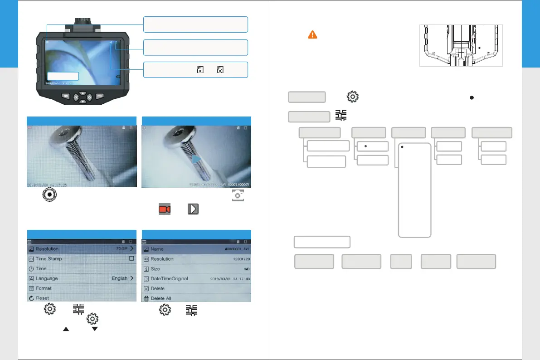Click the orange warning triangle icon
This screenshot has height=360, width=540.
coord(312,34)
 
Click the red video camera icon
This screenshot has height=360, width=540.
coord(165,209)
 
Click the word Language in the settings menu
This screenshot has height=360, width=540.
coord(47,278)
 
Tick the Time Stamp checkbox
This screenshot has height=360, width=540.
coord(131,258)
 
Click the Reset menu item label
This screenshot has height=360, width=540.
coord(42,298)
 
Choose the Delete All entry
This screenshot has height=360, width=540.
coord(164,298)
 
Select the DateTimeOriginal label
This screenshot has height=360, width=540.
coord(169,278)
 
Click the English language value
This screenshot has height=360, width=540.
coord(120,278)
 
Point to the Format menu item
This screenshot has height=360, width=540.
coord(44,288)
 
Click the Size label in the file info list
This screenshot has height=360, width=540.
coord(156,269)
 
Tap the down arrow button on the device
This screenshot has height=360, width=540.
coord(83,101)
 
